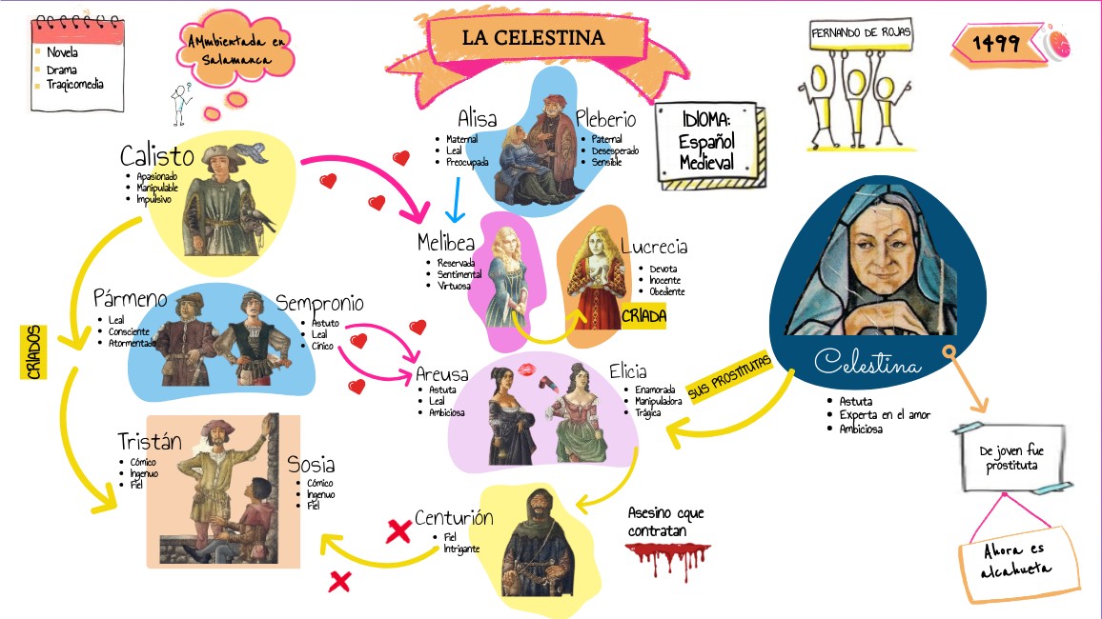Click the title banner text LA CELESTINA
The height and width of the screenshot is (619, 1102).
point(533,38)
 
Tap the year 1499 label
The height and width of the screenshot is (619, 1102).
point(996,43)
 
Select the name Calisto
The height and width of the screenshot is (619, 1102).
point(157,155)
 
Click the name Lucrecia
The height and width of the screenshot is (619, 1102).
point(653,247)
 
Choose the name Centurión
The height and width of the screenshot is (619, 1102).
point(454,518)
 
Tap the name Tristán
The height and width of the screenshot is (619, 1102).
point(149,441)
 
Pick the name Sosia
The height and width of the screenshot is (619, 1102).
point(311,465)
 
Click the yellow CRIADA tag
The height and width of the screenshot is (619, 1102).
point(643,315)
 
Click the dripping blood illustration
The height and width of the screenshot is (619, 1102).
point(666,558)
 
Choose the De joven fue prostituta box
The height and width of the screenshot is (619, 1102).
point(1008,457)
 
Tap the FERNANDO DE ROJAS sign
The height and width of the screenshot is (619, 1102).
point(861,32)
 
